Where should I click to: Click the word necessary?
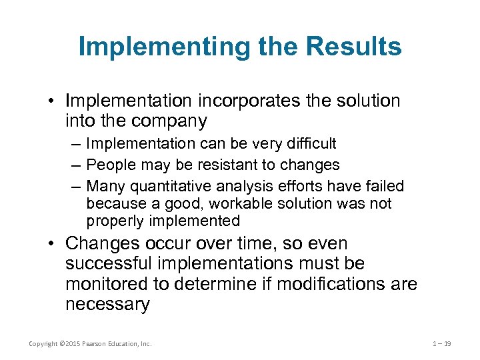click(107, 305)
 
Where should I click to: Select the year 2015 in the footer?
click(70, 343)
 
